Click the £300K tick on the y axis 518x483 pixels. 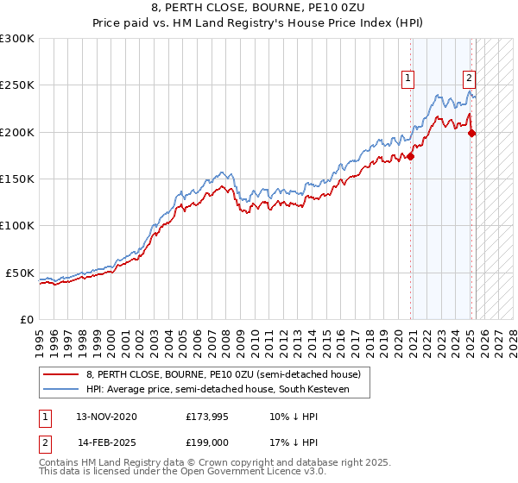click(x=17, y=39)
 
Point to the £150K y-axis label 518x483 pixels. click(x=17, y=179)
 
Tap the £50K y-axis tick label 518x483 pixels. click(x=20, y=273)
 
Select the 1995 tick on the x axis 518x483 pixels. click(x=40, y=335)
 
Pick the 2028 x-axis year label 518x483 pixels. click(x=514, y=335)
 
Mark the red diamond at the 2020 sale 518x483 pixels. click(x=411, y=156)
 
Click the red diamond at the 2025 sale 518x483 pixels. click(x=472, y=133)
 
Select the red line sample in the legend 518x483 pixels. click(x=61, y=374)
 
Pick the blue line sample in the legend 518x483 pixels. click(x=61, y=389)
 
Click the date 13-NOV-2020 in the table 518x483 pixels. click(x=106, y=416)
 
